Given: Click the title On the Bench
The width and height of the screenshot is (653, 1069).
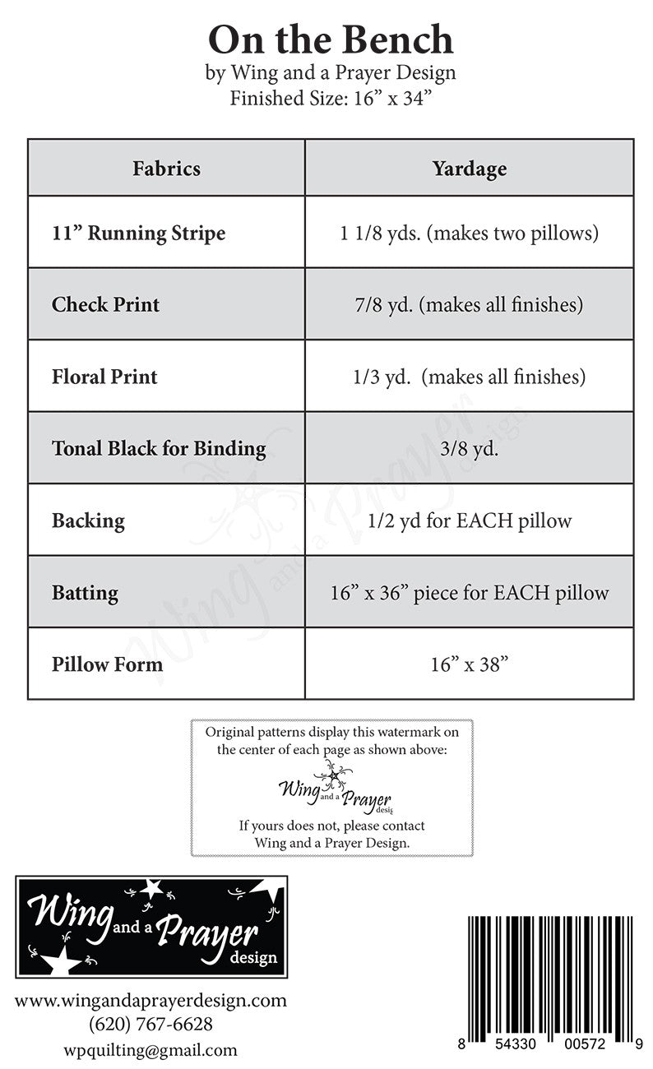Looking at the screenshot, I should pos(330,39).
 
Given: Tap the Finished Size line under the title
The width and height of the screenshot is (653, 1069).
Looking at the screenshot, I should pos(330,99).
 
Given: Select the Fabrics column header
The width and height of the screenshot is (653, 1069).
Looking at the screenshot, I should pos(166,169).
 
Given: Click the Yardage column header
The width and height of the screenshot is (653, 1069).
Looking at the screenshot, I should pos(469,169).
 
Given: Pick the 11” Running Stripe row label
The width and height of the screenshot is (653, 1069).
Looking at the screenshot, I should pos(138,233).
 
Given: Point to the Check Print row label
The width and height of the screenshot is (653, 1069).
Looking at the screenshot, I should pos(105,304).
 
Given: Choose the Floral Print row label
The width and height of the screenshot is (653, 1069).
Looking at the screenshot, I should pos(104,377).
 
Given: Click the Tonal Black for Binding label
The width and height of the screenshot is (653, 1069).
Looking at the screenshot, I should pos(159,448).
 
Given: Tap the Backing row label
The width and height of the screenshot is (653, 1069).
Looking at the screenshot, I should pos(88,521).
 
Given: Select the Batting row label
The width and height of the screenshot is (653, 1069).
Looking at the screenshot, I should pos(85,592).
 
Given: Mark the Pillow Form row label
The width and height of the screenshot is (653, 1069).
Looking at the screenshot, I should pos(107,664).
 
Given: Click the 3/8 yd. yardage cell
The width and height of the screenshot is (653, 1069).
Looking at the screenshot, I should pos(469,448).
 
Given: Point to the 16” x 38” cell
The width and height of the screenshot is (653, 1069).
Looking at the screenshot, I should pos(469,664).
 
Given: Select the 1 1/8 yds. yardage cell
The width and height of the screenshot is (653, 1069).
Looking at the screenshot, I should pos(469,233).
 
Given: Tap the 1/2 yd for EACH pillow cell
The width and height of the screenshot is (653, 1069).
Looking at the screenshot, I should pos(469,521).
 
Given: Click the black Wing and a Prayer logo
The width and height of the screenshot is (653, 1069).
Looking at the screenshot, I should pos(151,926).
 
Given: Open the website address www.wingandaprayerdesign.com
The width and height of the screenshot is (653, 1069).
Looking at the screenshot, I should pos(151,1001).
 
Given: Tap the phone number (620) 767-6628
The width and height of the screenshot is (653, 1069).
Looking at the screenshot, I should pos(151,1025).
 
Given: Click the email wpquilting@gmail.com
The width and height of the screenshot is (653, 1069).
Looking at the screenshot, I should pos(151,1049).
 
